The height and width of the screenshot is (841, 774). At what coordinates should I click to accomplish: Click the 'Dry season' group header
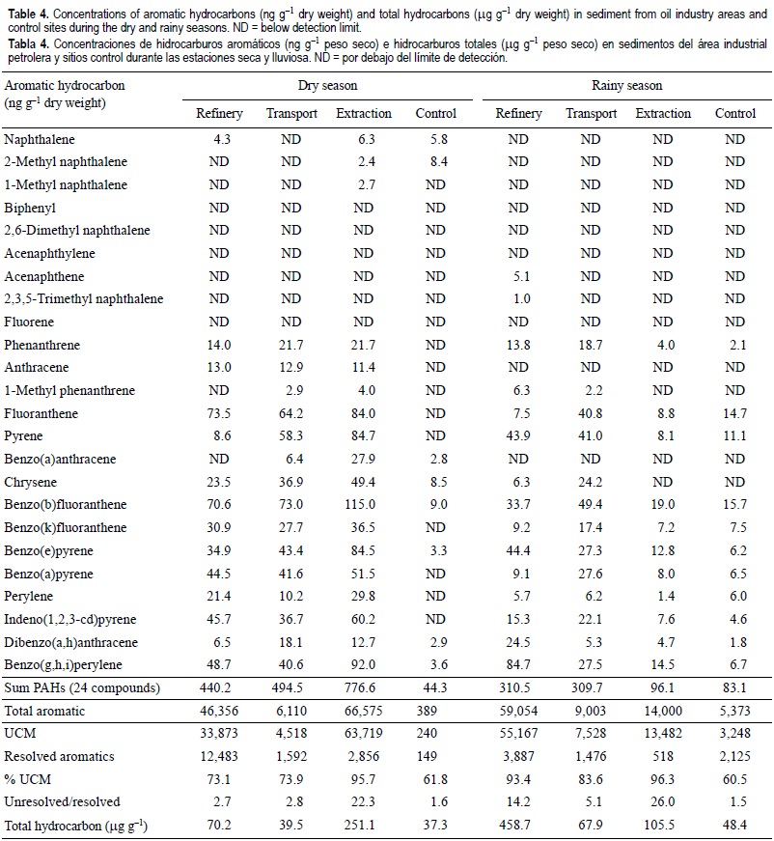[x=327, y=85]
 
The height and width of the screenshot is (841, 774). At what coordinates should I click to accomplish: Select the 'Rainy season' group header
[x=626, y=85]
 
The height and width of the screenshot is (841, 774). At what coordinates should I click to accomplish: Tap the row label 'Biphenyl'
[x=30, y=208]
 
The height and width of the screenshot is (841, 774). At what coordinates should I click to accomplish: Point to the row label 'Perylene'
[x=30, y=597]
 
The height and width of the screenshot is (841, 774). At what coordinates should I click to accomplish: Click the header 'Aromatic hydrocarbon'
[x=66, y=85]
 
